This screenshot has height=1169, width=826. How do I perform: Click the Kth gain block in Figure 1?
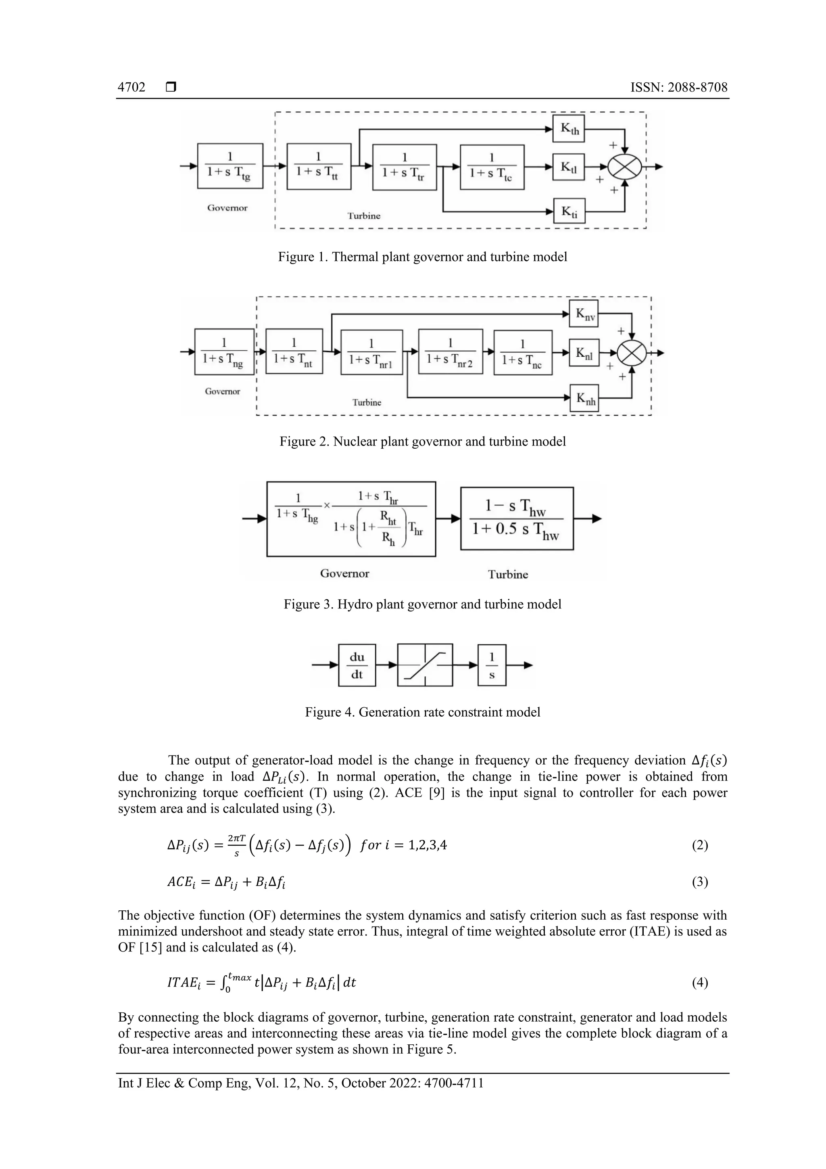tap(569, 129)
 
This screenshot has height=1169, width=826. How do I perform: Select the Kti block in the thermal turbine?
tap(569, 211)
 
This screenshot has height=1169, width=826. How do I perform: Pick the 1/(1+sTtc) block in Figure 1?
tap(492, 167)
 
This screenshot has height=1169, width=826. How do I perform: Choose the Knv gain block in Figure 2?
tap(584, 313)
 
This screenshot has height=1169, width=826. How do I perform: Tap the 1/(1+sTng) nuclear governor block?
tap(224, 351)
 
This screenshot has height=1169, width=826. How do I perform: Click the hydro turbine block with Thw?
tap(517, 518)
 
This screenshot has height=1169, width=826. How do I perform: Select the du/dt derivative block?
tap(357, 665)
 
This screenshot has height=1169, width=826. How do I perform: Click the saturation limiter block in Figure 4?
tap(424, 665)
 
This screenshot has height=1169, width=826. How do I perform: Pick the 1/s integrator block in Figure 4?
tap(492, 665)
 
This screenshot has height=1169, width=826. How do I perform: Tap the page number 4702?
tap(131, 88)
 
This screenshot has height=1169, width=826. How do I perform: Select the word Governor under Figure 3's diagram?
tap(344, 574)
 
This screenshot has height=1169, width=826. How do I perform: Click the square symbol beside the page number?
tap(171, 88)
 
